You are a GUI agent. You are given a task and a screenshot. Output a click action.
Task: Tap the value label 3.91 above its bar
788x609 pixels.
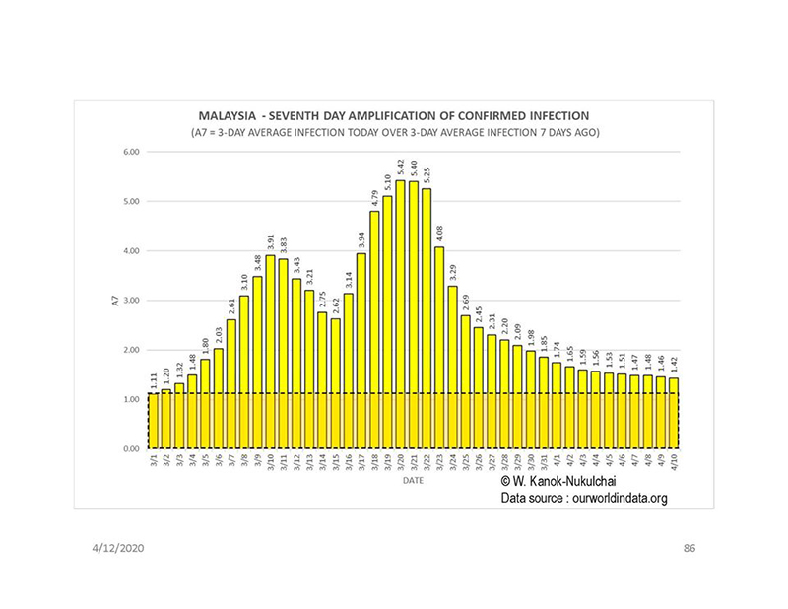tap(270, 241)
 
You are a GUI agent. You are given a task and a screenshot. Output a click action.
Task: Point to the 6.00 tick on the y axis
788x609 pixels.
tap(129, 152)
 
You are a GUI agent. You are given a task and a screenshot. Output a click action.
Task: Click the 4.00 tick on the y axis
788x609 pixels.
tap(129, 251)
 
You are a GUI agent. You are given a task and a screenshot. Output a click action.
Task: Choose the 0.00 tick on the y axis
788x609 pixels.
tap(129, 449)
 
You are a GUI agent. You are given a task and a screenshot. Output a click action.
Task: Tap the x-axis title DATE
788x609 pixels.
tap(413, 484)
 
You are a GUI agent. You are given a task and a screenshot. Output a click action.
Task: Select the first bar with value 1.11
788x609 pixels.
tap(153, 421)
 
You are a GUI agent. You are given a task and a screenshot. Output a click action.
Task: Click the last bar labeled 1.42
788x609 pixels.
tap(673, 413)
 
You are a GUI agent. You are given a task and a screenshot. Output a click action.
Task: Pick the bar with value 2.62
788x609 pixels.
tap(335, 383)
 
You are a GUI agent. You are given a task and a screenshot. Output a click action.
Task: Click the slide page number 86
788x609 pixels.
tap(689, 546)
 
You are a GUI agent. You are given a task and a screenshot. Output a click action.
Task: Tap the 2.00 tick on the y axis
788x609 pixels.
tap(129, 350)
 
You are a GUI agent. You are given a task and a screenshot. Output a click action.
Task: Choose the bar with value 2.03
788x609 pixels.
tap(219, 398)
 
